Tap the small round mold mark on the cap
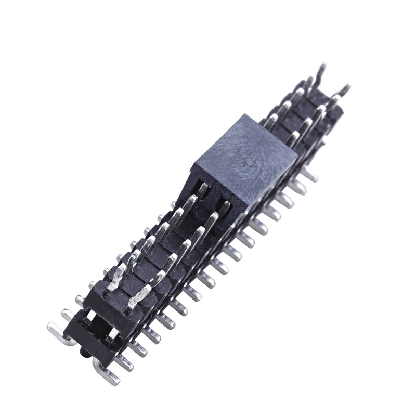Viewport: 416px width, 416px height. pyautogui.click(x=249, y=167)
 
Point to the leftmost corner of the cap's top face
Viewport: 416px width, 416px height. pyautogui.click(x=193, y=166)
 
